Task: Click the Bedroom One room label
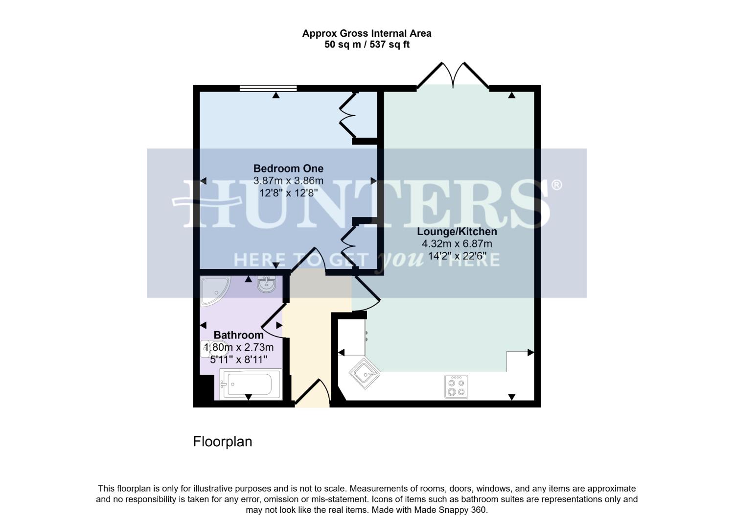point(288,168)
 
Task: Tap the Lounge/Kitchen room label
point(457,232)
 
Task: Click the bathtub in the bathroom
point(251,384)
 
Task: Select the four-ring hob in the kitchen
point(456,386)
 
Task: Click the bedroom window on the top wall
point(268,89)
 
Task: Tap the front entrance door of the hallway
point(311,393)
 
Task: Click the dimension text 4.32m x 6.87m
point(457,244)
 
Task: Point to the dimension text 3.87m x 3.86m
point(288,181)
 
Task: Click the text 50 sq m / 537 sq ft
point(367,45)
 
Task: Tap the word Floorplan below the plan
point(223,442)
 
